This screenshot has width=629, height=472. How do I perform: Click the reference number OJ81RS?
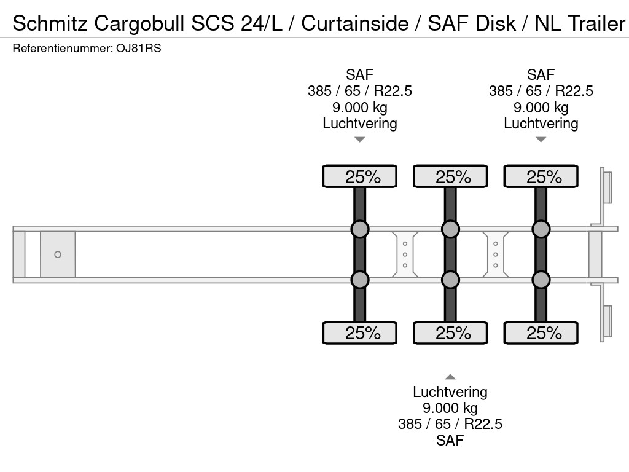pos(138,49)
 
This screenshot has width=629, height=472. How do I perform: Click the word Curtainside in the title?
pos(355,23)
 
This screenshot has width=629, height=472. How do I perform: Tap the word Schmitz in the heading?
pos(49,23)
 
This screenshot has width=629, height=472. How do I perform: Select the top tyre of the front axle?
pos(360,176)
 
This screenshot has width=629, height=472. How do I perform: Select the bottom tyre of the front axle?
pos(360,333)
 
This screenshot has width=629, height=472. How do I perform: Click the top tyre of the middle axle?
pos(450,176)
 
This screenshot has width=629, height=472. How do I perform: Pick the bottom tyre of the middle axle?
pos(450,333)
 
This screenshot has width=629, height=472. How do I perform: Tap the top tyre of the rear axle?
pos(541,176)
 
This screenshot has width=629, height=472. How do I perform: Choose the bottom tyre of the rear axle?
pos(541,333)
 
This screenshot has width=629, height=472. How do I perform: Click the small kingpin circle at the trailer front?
pos(58,254)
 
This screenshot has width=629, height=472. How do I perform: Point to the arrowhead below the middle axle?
pos(450,377)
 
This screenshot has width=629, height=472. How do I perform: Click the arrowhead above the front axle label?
pos(360,140)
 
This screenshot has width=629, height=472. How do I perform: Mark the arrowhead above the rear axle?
pos(541,140)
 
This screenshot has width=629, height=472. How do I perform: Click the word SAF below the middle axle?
pos(450,440)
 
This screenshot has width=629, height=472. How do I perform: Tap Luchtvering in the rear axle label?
pos(541,124)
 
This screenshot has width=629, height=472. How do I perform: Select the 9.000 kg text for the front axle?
pos(360,108)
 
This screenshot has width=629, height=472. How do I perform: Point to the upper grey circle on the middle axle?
pos(450,229)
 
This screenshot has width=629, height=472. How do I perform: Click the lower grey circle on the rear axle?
pos(541,280)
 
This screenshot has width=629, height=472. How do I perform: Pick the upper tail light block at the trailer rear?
pos(607,187)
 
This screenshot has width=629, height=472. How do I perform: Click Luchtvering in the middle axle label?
pos(450,392)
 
